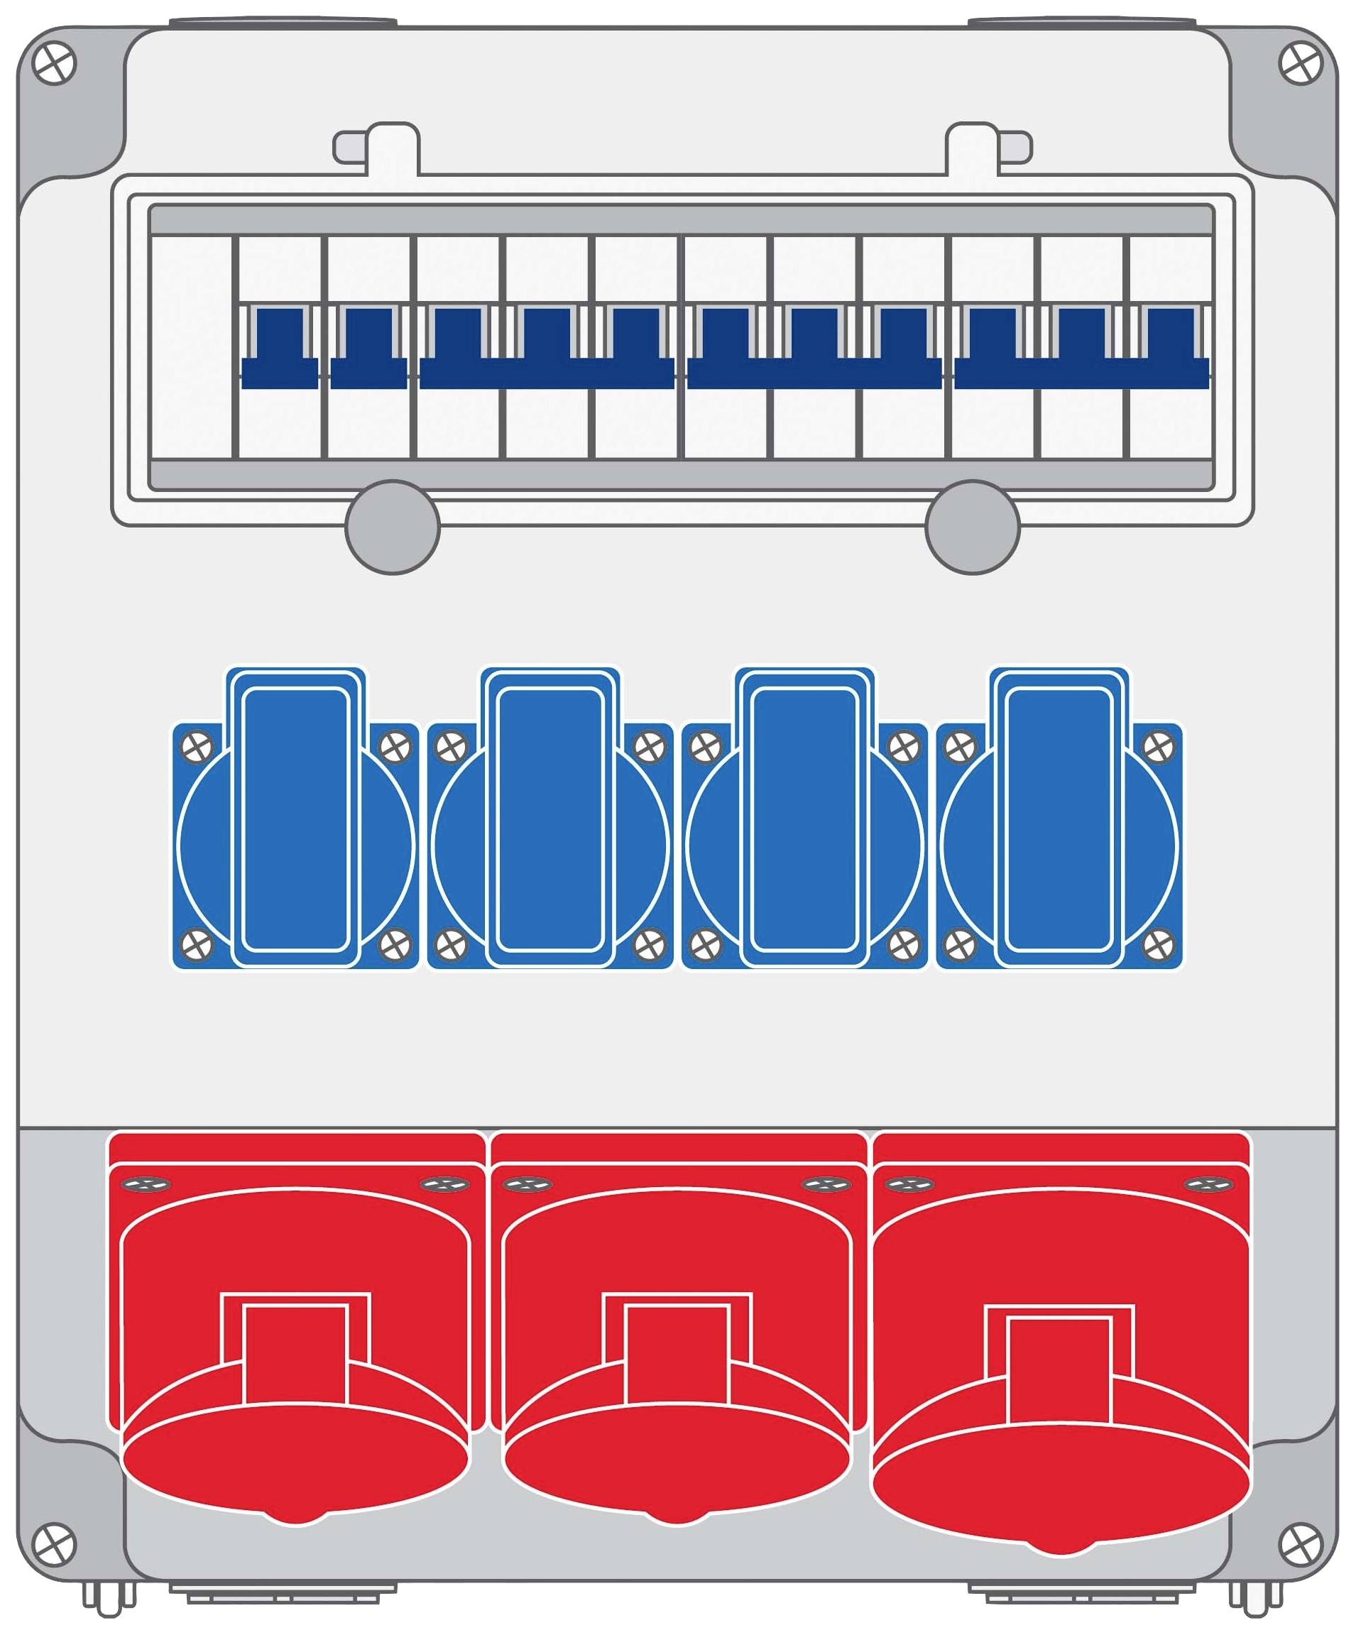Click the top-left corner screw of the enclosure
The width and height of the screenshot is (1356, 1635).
[x=55, y=64]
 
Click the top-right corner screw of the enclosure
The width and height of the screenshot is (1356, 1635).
[x=1301, y=64]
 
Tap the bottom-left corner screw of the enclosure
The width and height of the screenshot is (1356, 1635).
[x=55, y=1543]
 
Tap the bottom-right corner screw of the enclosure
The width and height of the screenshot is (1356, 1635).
[x=1301, y=1543]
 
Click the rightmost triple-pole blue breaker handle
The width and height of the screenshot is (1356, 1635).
[x=1082, y=366]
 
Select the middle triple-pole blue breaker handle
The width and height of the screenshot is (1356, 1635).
[x=814, y=366]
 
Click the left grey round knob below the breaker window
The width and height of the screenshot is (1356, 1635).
[x=393, y=527]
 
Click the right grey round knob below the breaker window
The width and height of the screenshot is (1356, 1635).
[x=972, y=527]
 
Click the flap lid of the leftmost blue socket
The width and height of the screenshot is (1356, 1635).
[x=296, y=818]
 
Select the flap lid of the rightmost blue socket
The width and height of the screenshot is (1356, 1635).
[x=1059, y=818]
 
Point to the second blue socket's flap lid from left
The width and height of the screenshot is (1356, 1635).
[x=550, y=818]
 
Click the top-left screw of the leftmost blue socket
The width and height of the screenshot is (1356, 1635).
[x=196, y=748]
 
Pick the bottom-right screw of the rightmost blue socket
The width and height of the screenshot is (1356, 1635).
[x=1159, y=945]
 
